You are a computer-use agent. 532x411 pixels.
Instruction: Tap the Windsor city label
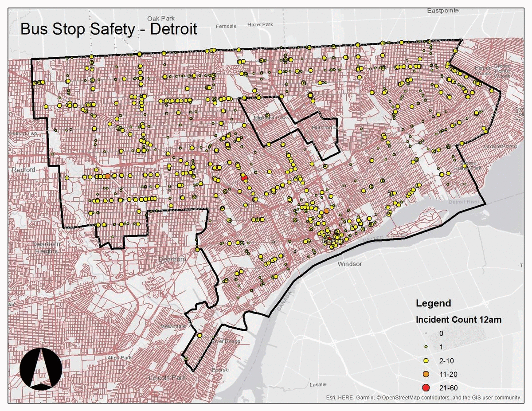tap(349, 264)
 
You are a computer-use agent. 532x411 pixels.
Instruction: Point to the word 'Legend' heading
tap(433, 303)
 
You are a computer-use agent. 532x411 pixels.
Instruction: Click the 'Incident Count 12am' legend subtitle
tap(458, 320)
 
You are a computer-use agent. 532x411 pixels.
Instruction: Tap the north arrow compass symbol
tap(41, 368)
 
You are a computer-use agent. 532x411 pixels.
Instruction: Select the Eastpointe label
tap(443, 10)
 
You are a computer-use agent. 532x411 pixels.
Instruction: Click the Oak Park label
tap(159, 18)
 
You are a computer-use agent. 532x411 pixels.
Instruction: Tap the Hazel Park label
tap(261, 25)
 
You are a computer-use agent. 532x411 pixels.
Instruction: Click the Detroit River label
tap(463, 202)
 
